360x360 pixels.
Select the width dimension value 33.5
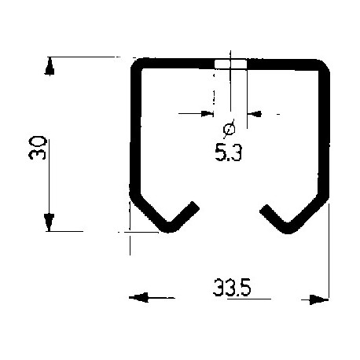click(x=230, y=288)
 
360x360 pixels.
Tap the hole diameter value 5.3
click(x=227, y=154)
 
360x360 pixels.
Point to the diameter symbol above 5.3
click(x=229, y=129)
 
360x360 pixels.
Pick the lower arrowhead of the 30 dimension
click(x=50, y=222)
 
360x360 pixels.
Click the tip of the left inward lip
click(x=193, y=207)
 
